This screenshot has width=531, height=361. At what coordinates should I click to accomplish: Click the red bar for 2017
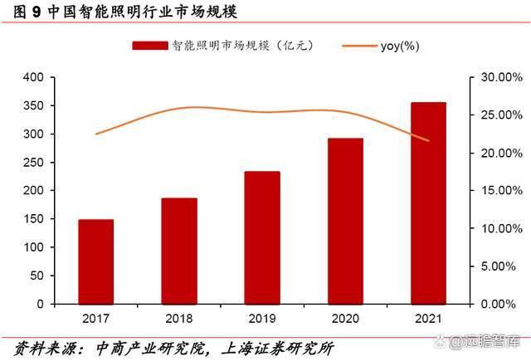click(95, 261)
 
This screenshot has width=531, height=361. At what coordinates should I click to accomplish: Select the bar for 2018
click(178, 251)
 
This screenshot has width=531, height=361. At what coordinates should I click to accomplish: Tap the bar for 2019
click(261, 237)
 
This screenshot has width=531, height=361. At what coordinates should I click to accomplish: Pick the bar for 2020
click(344, 221)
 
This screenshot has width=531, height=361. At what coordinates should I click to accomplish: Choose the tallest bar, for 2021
click(428, 202)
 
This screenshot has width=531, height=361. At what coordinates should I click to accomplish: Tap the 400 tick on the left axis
click(32, 77)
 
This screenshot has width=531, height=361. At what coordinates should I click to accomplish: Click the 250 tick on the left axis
click(32, 163)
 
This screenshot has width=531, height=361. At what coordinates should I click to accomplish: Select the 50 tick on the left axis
click(36, 276)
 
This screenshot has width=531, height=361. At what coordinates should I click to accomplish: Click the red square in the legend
click(149, 46)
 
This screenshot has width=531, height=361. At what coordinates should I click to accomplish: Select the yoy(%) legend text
click(398, 46)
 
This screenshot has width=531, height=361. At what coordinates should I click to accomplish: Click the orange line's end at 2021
click(428, 140)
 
